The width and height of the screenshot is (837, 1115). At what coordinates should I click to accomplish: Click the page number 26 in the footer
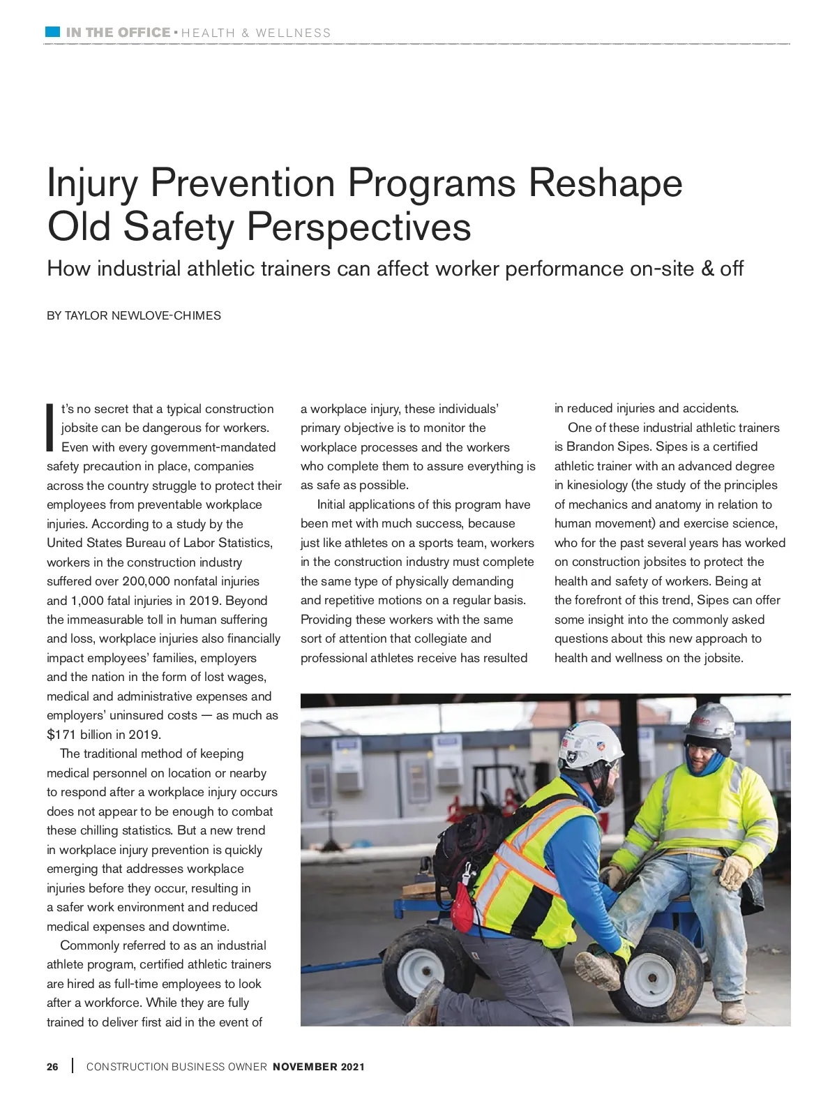click(53, 1067)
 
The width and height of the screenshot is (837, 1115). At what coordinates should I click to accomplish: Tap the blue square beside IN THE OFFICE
click(52, 32)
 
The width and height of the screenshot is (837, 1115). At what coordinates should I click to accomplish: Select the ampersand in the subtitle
click(707, 269)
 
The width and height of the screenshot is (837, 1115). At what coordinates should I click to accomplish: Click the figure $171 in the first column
click(61, 735)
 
